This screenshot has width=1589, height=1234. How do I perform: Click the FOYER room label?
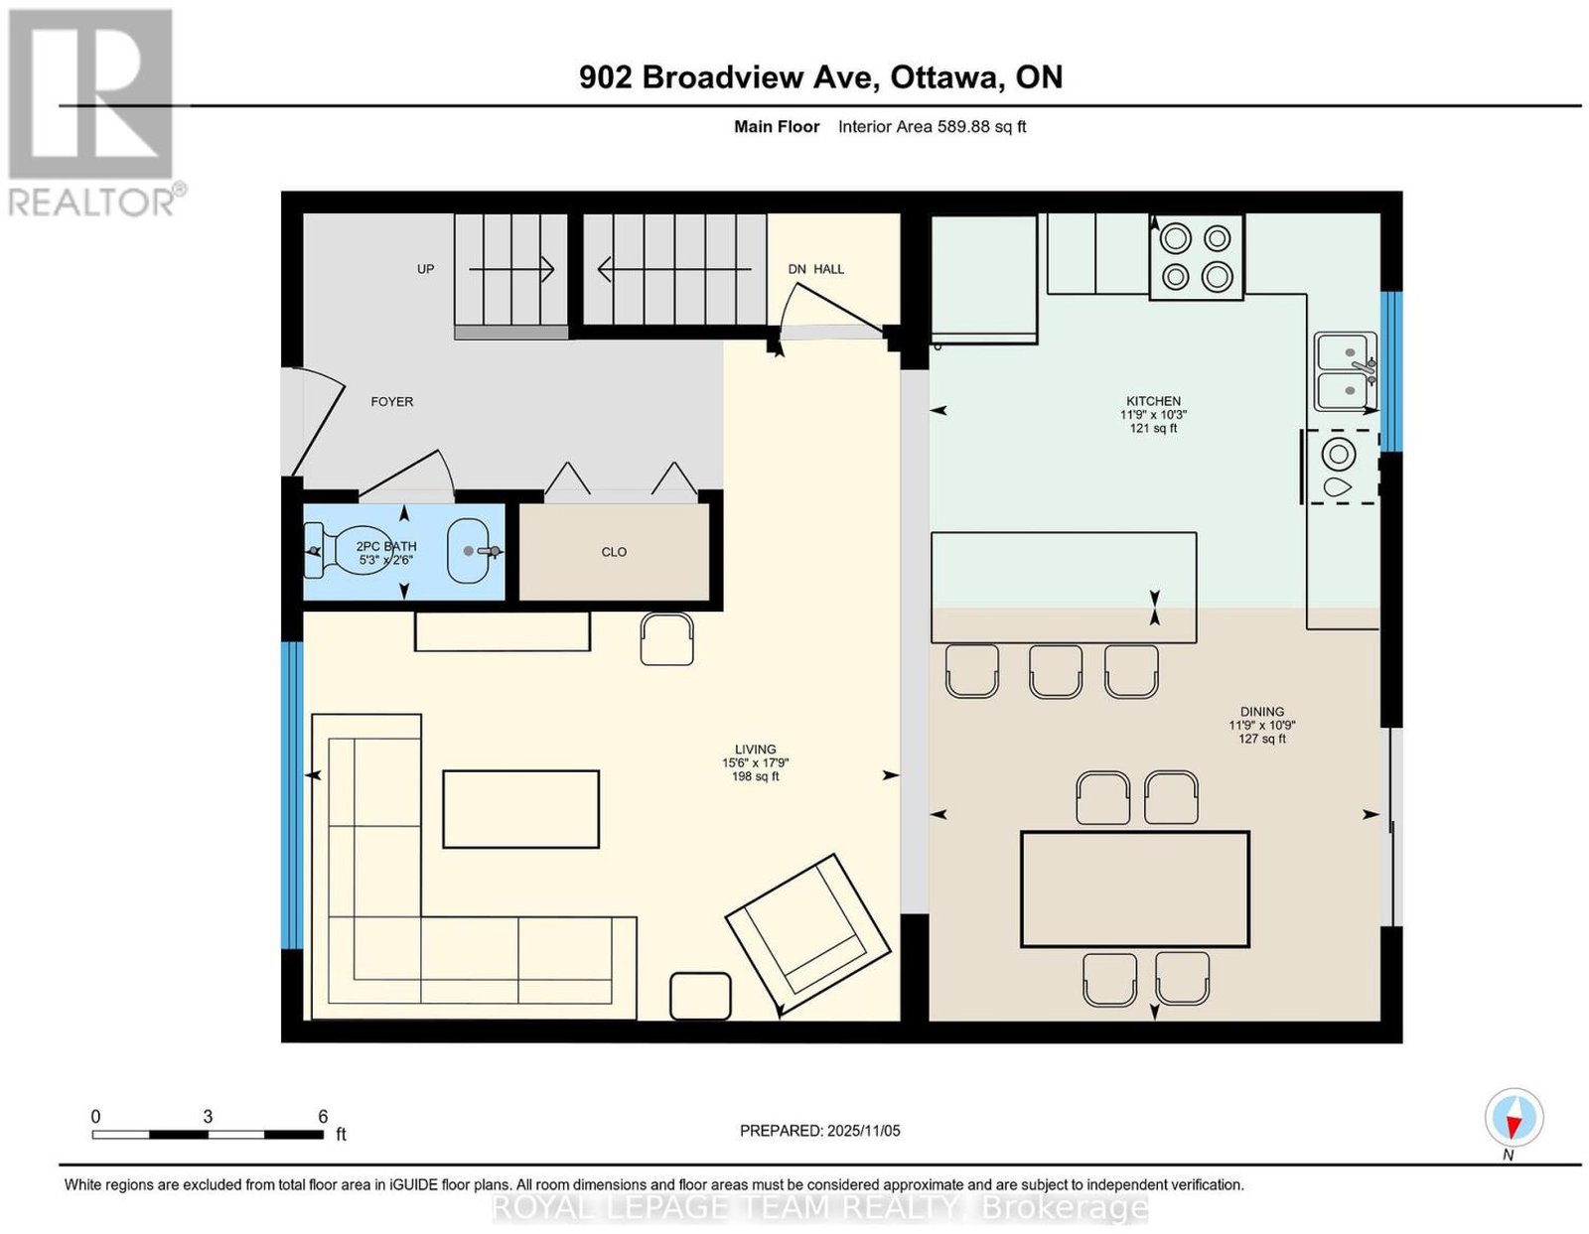click(391, 402)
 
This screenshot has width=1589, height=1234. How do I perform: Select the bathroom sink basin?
click(468, 551)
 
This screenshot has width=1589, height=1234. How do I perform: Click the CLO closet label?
click(614, 552)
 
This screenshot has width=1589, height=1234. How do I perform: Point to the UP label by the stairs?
click(426, 269)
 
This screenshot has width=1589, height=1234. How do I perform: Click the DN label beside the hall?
click(797, 269)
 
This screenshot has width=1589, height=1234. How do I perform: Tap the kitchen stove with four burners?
click(1197, 257)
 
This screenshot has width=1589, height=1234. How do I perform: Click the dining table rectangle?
click(1134, 889)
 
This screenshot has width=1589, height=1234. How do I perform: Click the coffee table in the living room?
click(520, 809)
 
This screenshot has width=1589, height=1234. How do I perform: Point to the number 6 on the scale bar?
click(323, 1116)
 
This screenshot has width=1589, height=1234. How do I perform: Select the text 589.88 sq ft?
click(982, 126)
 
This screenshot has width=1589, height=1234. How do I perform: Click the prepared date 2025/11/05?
click(864, 1131)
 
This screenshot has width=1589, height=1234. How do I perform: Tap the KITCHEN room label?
click(1153, 401)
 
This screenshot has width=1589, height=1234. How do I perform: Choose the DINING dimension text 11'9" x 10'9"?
click(1262, 726)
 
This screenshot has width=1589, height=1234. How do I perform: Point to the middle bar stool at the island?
click(1055, 671)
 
